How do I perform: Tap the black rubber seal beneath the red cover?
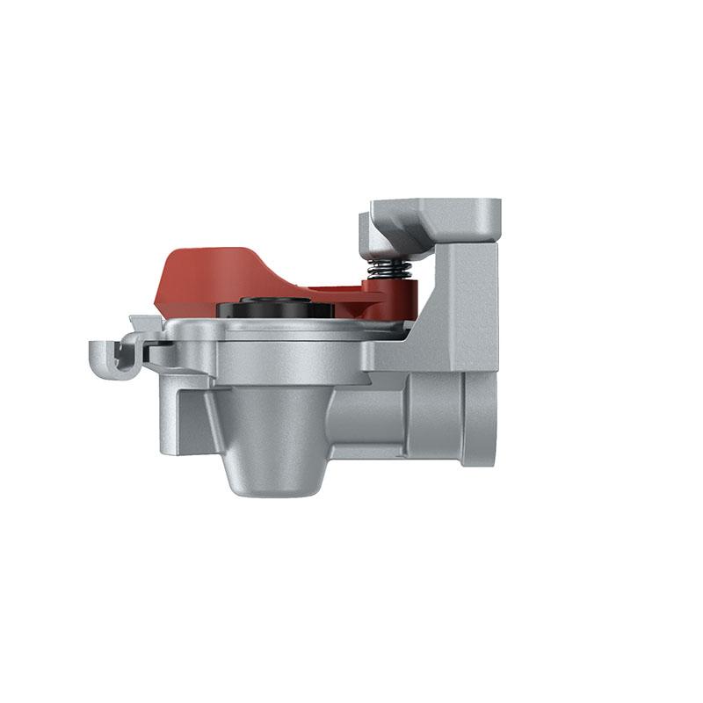click(x=272, y=308)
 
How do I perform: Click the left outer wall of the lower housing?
click(x=168, y=413)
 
